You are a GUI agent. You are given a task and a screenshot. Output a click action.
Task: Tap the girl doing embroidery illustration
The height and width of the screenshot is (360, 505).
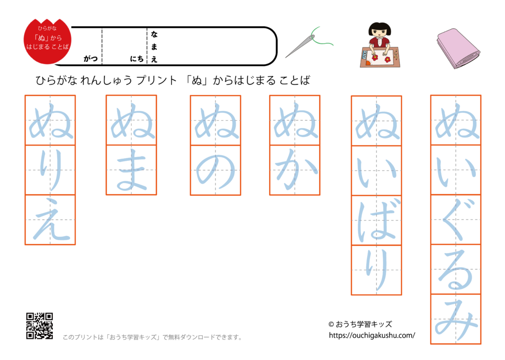[379, 45]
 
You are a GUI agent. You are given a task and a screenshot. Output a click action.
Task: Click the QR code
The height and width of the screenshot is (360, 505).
[39, 325]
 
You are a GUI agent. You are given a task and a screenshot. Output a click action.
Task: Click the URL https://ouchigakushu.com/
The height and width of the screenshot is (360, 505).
[372, 335]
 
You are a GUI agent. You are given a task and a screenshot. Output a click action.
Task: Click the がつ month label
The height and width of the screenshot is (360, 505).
[90, 59]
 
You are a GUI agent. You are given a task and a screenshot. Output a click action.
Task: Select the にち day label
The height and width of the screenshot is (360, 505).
[137, 59]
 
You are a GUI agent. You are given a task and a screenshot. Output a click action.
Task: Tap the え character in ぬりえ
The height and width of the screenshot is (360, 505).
[50, 220]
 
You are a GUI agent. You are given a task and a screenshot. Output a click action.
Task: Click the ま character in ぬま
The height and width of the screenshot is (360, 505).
[131, 170]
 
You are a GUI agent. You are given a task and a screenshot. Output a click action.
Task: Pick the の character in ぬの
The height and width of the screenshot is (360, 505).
[216, 170]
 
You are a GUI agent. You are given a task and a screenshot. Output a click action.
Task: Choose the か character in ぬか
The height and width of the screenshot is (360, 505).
[294, 170]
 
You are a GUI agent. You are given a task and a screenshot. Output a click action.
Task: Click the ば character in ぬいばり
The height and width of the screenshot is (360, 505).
[376, 220]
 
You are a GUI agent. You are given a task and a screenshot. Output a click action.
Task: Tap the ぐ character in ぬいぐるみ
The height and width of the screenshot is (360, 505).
[456, 219]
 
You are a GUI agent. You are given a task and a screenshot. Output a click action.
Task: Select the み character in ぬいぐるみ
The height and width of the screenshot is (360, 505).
[456, 319]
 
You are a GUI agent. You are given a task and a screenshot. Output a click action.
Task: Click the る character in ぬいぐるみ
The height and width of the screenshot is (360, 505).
[456, 269]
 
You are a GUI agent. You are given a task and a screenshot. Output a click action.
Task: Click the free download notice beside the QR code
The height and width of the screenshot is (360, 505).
[153, 338]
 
